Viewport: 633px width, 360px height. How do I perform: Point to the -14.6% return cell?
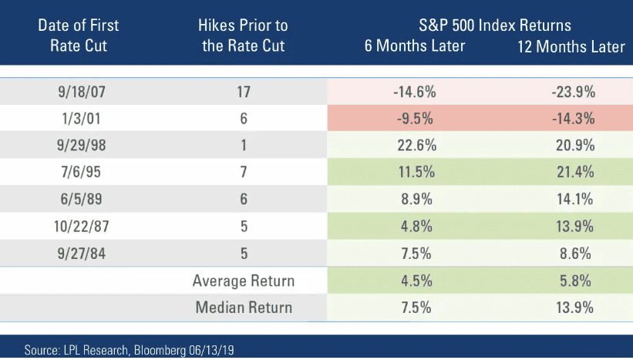pyautogui.click(x=414, y=93)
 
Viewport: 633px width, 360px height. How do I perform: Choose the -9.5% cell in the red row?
pyautogui.click(x=414, y=119)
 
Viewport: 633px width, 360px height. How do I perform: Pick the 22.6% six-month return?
pyautogui.click(x=414, y=146)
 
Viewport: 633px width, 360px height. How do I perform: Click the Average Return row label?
pyautogui.click(x=244, y=281)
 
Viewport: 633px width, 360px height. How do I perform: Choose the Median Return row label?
pyautogui.click(x=244, y=308)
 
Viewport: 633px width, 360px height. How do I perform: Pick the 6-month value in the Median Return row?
pyautogui.click(x=414, y=308)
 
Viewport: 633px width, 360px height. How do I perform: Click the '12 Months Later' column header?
pyautogui.click(x=571, y=47)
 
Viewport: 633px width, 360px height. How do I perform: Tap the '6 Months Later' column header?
pyautogui.click(x=415, y=45)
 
